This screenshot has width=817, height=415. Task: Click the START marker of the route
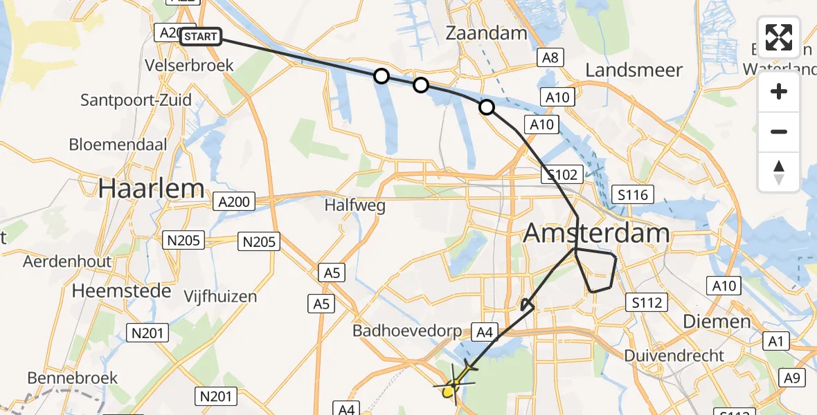(201, 37)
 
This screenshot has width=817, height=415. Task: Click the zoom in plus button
(779, 91)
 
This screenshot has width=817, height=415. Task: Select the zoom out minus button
(779, 131)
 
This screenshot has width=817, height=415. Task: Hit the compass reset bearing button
(779, 172)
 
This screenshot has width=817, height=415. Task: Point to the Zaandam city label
(485, 33)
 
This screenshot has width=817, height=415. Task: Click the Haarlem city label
(152, 188)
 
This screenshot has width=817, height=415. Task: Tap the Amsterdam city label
(596, 233)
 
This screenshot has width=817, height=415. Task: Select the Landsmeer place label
(634, 70)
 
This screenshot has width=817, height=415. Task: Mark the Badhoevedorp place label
(406, 331)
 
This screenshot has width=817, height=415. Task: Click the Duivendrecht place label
(674, 356)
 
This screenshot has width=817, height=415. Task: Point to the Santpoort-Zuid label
(136, 100)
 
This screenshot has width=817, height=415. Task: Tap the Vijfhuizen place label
(220, 297)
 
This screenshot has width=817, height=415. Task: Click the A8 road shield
(550, 58)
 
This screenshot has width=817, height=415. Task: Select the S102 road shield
(563, 174)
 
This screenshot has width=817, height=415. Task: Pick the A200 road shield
(233, 202)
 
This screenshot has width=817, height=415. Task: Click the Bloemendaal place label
(118, 145)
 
